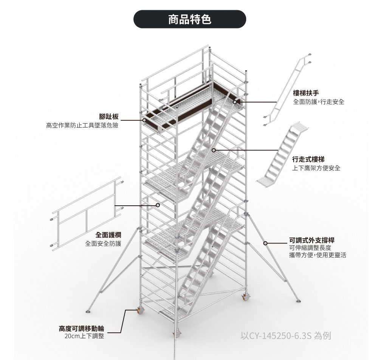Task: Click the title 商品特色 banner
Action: tap(190, 19)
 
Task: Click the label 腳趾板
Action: tap(108, 116)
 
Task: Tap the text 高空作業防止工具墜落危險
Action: tap(82, 125)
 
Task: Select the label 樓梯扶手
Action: tap(306, 93)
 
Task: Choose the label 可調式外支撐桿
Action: tap(311, 240)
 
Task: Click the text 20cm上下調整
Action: tap(84, 336)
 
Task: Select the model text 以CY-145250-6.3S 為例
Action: tap(286, 335)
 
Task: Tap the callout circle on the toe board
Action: tap(144, 120)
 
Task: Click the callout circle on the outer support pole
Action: tap(265, 243)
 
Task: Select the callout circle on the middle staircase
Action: tap(214, 150)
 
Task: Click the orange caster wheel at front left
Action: tap(139, 311)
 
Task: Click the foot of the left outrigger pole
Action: tap(88, 311)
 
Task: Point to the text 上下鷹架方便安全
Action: tap(316, 168)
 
